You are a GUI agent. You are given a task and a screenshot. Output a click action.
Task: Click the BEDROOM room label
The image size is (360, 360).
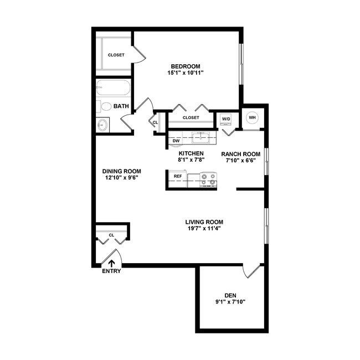tap(186, 66)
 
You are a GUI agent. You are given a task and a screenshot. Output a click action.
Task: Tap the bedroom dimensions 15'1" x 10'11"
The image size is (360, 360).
tap(186, 73)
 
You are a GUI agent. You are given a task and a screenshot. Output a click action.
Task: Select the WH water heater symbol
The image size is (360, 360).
tap(252, 117)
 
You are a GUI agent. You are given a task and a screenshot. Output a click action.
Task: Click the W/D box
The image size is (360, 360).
tap(226, 119)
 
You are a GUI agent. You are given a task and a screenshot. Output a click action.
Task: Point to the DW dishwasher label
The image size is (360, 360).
tap(176, 141)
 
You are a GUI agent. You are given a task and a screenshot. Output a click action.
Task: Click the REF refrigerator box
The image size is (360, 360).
tap(178, 176)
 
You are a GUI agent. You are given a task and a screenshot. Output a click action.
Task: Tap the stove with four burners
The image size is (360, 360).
tap(208, 179)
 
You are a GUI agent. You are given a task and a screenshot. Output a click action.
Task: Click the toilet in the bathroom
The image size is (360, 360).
tap(106, 106)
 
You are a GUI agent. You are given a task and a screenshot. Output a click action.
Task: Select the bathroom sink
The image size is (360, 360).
tap(103, 125)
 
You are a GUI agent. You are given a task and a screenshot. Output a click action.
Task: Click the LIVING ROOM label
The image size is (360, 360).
tap(204, 222)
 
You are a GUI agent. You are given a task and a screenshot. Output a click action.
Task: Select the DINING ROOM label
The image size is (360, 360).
tap(121, 171)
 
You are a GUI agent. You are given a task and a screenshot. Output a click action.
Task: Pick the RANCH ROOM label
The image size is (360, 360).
tap(240, 154)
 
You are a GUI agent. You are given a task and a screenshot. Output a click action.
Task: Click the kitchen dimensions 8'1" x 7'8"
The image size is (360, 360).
tap(191, 160)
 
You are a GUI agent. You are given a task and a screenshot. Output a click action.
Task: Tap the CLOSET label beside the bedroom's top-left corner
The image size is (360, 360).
tap(116, 55)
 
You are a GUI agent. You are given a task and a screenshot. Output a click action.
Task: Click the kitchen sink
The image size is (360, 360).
tap(200, 137)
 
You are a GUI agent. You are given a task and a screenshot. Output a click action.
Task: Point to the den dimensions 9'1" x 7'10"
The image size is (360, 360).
tap(230, 302)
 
